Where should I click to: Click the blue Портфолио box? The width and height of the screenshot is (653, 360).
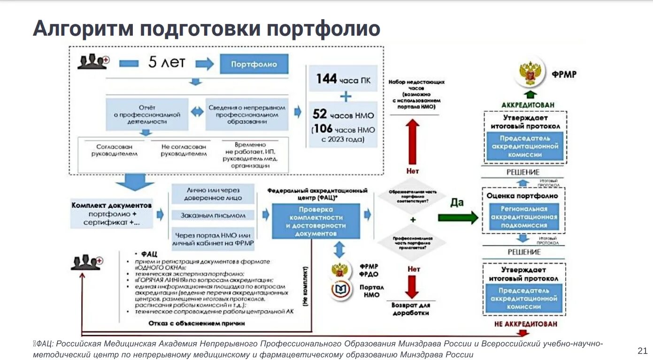click(x=254, y=64)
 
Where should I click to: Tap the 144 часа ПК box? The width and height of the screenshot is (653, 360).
click(x=343, y=79)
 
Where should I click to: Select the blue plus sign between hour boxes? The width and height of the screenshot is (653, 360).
click(x=346, y=97)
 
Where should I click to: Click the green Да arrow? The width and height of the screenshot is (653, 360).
click(x=457, y=217)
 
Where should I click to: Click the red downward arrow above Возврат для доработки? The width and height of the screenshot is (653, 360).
click(x=412, y=287)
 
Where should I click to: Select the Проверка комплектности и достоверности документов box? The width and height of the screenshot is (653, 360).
click(x=315, y=221)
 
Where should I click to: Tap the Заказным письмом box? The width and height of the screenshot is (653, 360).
click(x=213, y=215)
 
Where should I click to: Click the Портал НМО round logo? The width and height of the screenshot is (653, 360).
click(x=342, y=289)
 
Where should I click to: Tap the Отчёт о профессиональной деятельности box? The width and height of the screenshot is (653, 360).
click(x=147, y=115)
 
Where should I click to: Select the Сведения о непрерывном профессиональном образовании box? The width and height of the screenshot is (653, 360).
click(x=247, y=115)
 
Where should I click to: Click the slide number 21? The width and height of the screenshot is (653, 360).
click(x=642, y=350)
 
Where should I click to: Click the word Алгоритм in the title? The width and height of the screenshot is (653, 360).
click(x=82, y=29)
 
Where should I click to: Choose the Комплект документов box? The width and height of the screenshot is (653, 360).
click(x=112, y=214)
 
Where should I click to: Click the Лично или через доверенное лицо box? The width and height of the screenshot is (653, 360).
click(x=213, y=194)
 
